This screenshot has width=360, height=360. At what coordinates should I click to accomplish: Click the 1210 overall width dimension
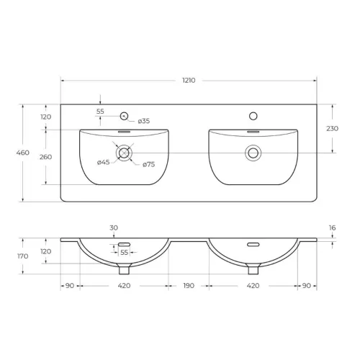click(189, 81)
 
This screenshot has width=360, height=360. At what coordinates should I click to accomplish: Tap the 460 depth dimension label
click(23, 153)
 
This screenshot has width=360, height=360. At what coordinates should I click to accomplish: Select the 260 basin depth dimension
click(45, 157)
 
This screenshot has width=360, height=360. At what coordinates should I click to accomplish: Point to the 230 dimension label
click(332, 129)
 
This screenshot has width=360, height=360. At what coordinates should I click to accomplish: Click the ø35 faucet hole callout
click(144, 121)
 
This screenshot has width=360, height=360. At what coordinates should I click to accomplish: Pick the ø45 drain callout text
click(104, 163)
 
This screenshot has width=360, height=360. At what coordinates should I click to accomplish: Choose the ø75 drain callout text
click(149, 165)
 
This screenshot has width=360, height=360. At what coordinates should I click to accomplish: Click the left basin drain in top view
click(124, 153)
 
